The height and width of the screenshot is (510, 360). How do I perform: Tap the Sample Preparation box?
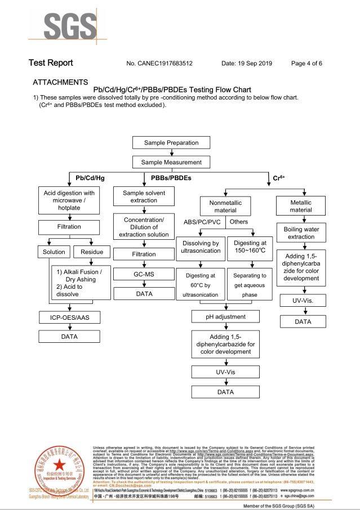point(172,142)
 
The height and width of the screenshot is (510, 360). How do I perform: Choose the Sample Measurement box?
point(172,162)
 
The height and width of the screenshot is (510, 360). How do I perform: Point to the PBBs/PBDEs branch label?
point(171,178)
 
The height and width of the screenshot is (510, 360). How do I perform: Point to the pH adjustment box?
point(226,317)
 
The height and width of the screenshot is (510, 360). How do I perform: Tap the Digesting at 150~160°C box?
point(250,250)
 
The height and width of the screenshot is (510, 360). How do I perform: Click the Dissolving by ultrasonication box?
point(201,250)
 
